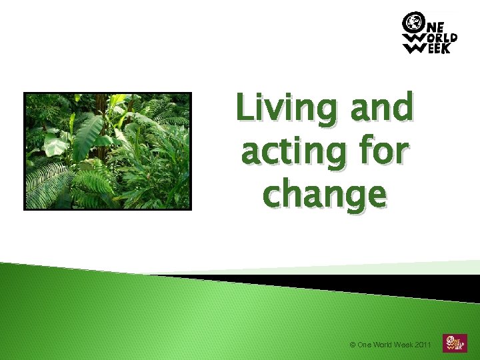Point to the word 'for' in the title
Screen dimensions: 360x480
click(x=384, y=153)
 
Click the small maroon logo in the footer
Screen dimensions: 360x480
click(x=453, y=343)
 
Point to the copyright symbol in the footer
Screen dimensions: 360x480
click(x=353, y=345)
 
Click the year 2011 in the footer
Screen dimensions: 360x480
click(x=423, y=345)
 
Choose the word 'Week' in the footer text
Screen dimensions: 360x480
click(x=405, y=345)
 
